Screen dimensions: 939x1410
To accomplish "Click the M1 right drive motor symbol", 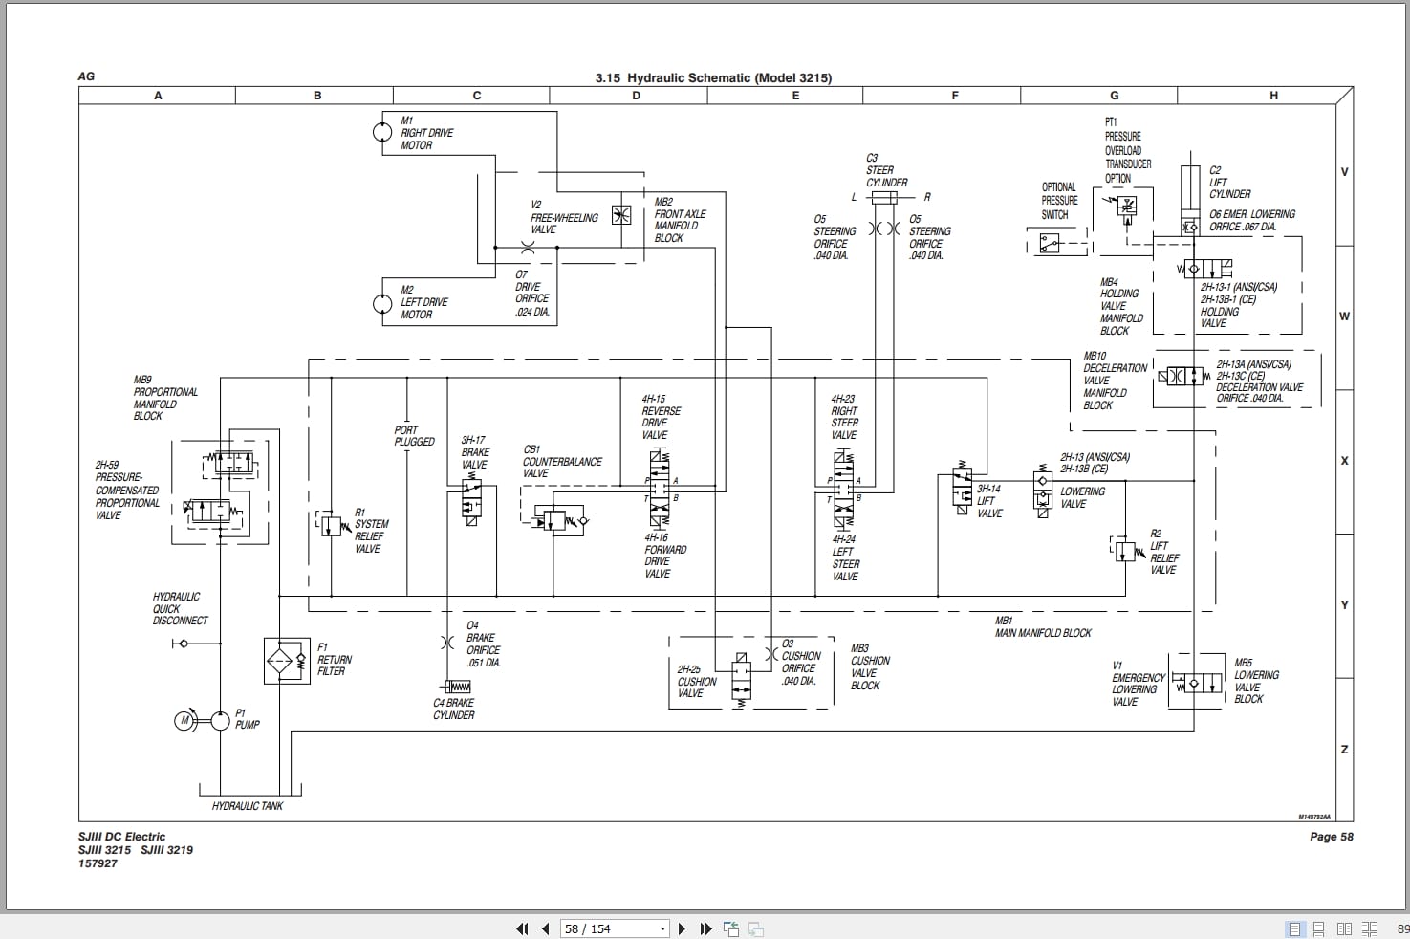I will pos(382,131).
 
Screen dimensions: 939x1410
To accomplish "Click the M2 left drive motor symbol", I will pos(382,304).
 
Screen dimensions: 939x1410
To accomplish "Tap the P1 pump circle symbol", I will pos(221,720).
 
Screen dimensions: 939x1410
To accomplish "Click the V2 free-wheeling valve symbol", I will pos(621,215).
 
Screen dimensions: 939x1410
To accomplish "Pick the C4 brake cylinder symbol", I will pos(457,687).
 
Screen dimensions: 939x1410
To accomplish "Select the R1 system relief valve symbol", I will pos(331,524).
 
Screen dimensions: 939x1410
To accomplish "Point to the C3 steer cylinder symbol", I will pos(884,198).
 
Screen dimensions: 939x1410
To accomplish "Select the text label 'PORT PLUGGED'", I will pos(414,436).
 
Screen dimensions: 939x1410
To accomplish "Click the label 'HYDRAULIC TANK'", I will pos(248,806).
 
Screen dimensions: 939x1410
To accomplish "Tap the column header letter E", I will pos(795,96).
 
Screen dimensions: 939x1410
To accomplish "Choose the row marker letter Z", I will pos(1344,749).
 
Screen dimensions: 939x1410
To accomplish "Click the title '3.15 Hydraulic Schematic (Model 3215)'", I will pos(713,77).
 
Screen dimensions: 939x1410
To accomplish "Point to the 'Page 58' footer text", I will pos(1331,837).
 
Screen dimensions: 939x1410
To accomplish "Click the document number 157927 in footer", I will pos(98,863).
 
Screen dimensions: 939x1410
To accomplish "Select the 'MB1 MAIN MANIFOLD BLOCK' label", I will pos(1043,627).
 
